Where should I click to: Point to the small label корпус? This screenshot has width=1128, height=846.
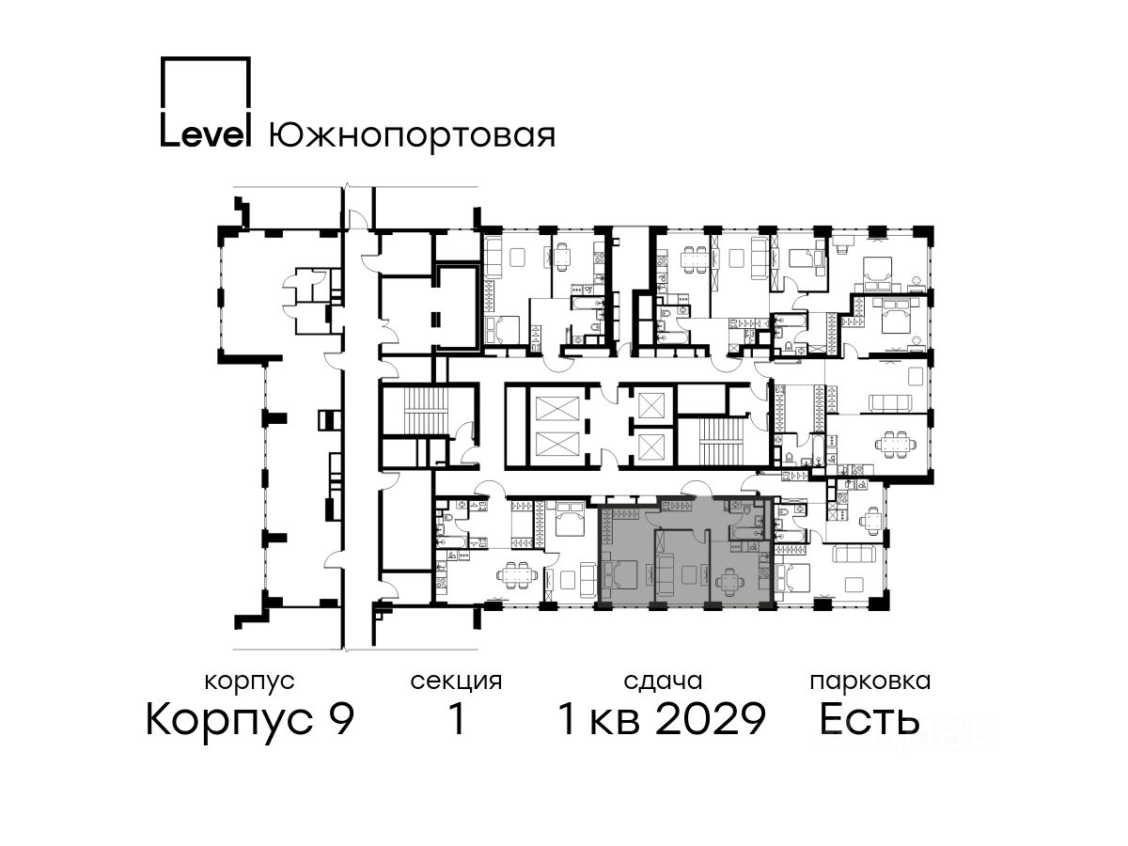[x=249, y=681]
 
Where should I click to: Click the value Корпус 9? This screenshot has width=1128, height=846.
[x=250, y=719]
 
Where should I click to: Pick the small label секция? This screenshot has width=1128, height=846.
[x=456, y=681]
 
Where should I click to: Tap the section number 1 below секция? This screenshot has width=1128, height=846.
[x=456, y=718]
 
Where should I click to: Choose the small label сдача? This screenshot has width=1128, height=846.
[x=663, y=681]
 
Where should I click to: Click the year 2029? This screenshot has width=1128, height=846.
[x=711, y=718]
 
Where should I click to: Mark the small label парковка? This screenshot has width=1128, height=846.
[x=870, y=681]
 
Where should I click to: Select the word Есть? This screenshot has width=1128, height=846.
[x=869, y=718]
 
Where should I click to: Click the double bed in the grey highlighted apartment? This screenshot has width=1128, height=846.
[x=619, y=573]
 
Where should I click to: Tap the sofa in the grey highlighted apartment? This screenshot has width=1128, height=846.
[x=665, y=575]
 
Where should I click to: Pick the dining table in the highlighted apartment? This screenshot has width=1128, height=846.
[x=729, y=581]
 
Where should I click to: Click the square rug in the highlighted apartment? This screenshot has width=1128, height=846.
[x=690, y=574]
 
